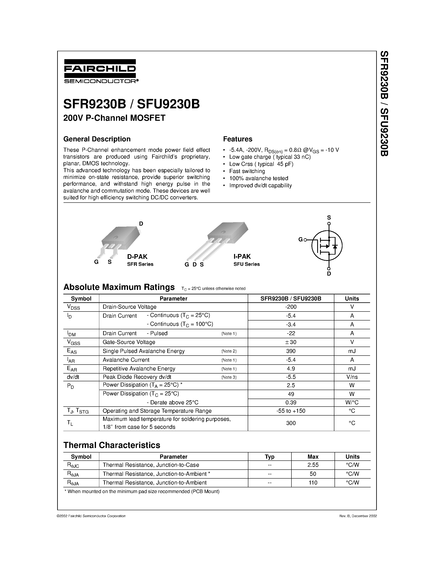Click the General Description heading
coord(97,139)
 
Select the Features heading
coord(238,139)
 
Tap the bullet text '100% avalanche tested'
coord(259,178)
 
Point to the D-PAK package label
coord(137,256)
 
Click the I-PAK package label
coord(242,256)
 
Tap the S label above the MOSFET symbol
coord(329,218)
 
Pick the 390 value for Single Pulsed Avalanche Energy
coord(291,351)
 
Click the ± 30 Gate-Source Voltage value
coord(291,342)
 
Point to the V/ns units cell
coord(352,377)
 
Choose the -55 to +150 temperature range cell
coord(291,411)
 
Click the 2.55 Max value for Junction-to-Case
coord(313,465)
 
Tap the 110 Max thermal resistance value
coord(313,483)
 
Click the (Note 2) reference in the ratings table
coord(229,351)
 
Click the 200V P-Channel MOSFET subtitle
coord(114,118)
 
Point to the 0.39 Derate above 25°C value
coord(291,402)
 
